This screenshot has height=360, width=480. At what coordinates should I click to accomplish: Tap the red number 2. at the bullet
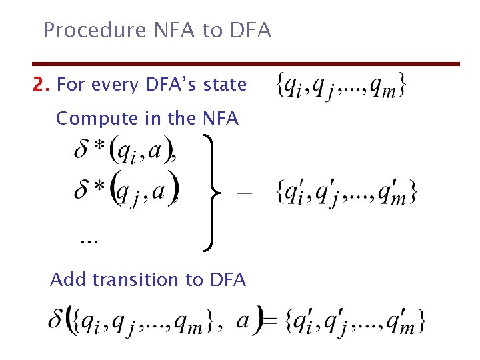click(x=42, y=85)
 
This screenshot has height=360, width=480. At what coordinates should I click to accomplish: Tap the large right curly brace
click(x=211, y=193)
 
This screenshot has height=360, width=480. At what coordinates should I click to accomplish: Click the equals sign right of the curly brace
click(x=245, y=193)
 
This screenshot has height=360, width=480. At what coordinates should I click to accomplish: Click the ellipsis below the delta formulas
click(x=88, y=241)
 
